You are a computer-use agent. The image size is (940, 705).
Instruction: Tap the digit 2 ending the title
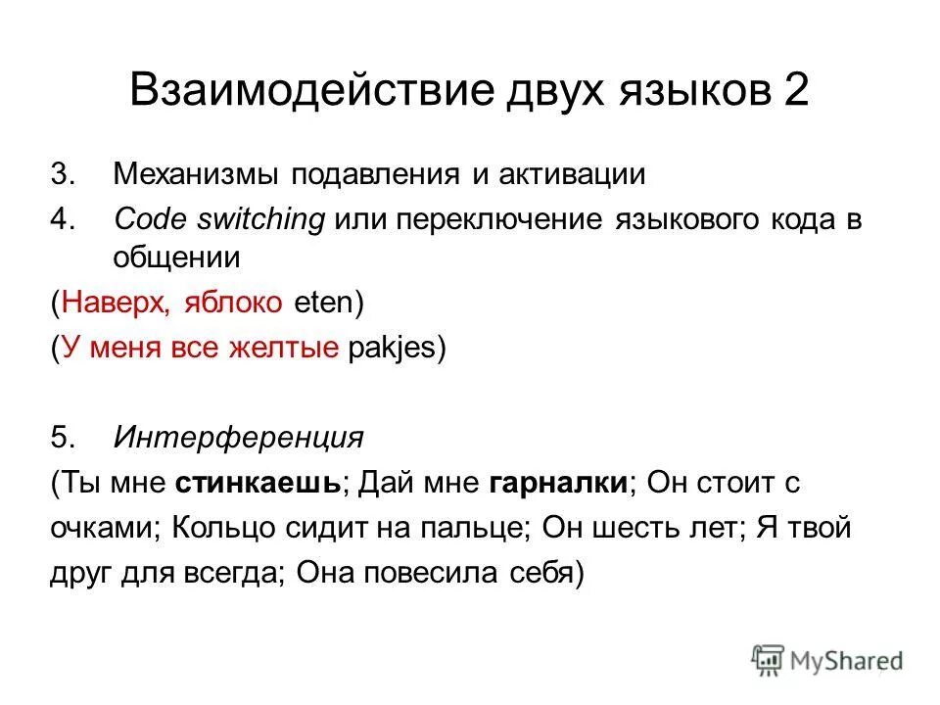(x=795, y=92)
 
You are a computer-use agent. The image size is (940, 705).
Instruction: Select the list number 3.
(x=62, y=175)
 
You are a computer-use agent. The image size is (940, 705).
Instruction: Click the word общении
(x=177, y=258)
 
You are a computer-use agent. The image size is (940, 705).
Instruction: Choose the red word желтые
(x=289, y=349)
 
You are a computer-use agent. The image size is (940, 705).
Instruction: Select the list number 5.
(x=62, y=437)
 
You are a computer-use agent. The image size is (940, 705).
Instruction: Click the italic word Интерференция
(x=238, y=437)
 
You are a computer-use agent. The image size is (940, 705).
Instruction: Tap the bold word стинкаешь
(x=258, y=482)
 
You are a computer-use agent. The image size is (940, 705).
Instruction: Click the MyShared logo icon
(x=767, y=659)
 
